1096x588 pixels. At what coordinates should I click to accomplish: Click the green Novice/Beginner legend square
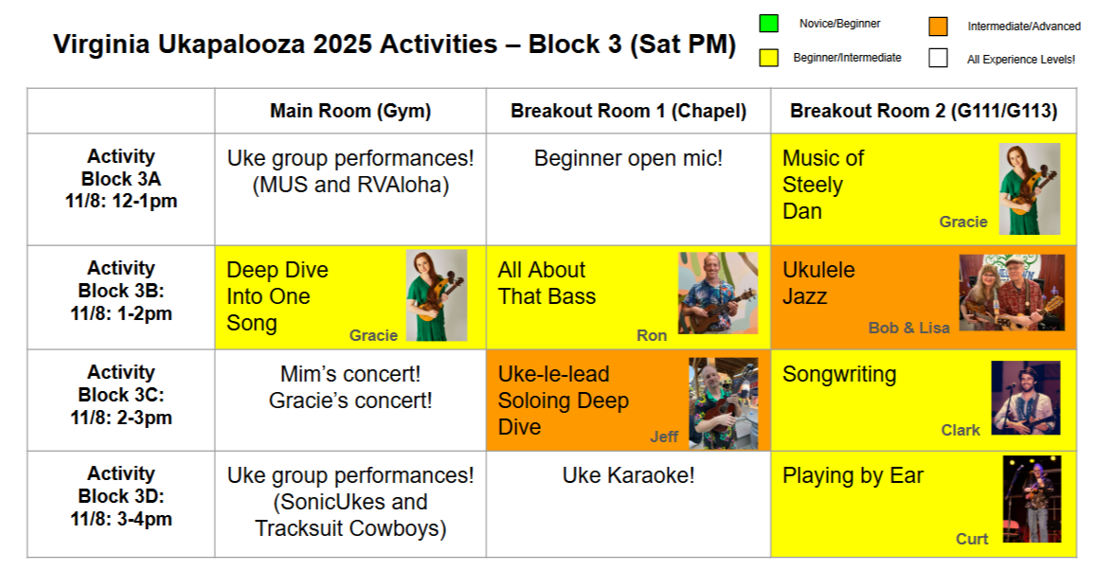click(769, 23)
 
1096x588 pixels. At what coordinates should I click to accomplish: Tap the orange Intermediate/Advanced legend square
click(938, 26)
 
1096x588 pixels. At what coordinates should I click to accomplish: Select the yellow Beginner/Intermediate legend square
click(769, 57)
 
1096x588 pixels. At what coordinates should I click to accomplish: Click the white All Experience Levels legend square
click(938, 57)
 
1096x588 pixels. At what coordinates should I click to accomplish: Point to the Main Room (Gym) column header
click(350, 111)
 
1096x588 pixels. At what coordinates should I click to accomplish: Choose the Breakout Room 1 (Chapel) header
click(628, 111)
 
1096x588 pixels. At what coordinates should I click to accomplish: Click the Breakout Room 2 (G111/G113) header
click(924, 111)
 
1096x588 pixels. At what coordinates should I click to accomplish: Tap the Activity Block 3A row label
click(121, 179)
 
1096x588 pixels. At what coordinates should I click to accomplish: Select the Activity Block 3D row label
click(121, 496)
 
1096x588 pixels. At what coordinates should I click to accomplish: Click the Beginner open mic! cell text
click(628, 158)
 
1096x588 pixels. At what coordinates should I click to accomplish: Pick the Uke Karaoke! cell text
click(628, 475)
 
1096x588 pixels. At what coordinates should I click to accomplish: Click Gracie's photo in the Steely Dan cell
click(1030, 188)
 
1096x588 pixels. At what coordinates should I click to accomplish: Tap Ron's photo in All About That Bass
click(718, 293)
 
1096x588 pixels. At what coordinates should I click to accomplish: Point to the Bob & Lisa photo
click(1012, 293)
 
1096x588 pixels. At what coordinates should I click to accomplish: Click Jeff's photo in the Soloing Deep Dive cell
click(724, 403)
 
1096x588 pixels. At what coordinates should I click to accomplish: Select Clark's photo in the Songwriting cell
click(1026, 398)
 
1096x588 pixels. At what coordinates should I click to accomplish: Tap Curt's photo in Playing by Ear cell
click(1032, 499)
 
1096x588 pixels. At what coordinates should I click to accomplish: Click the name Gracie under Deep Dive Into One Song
click(373, 336)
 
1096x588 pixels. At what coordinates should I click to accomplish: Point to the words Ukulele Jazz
click(818, 283)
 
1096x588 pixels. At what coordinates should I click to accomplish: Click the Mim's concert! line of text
click(350, 374)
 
